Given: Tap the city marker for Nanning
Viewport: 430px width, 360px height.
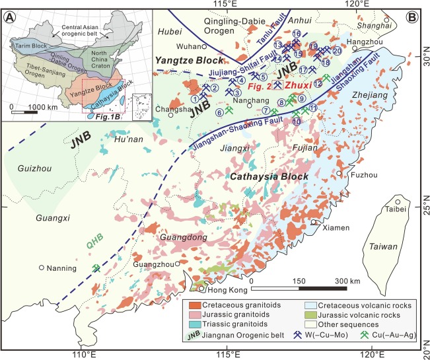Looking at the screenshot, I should (42, 268).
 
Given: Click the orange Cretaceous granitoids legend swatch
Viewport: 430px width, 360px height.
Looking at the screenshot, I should (194, 305).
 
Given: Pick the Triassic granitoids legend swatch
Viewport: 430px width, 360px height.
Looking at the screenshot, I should (194, 325).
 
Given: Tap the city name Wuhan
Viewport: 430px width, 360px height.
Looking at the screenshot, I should (188, 46).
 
